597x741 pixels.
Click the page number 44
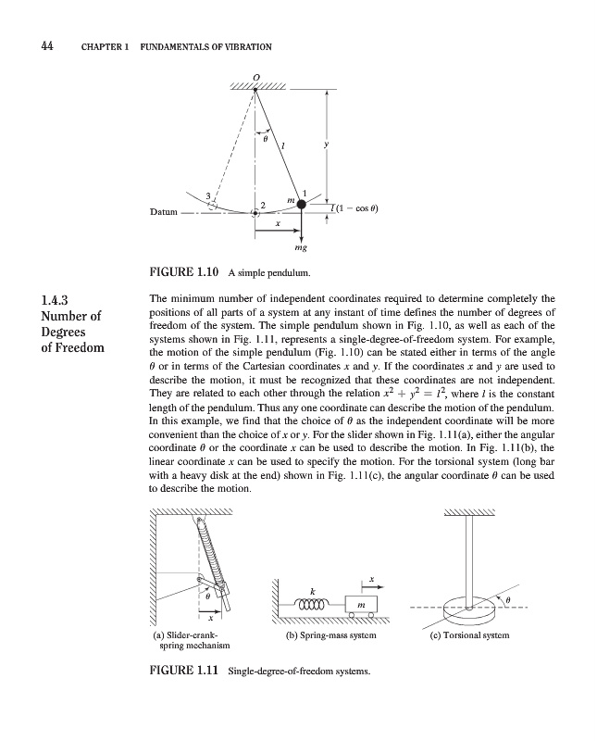(45, 46)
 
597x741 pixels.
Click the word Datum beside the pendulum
(164, 212)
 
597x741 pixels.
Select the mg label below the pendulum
(302, 248)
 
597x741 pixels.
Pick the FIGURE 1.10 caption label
(182, 274)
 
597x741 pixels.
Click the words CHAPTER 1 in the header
(103, 47)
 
